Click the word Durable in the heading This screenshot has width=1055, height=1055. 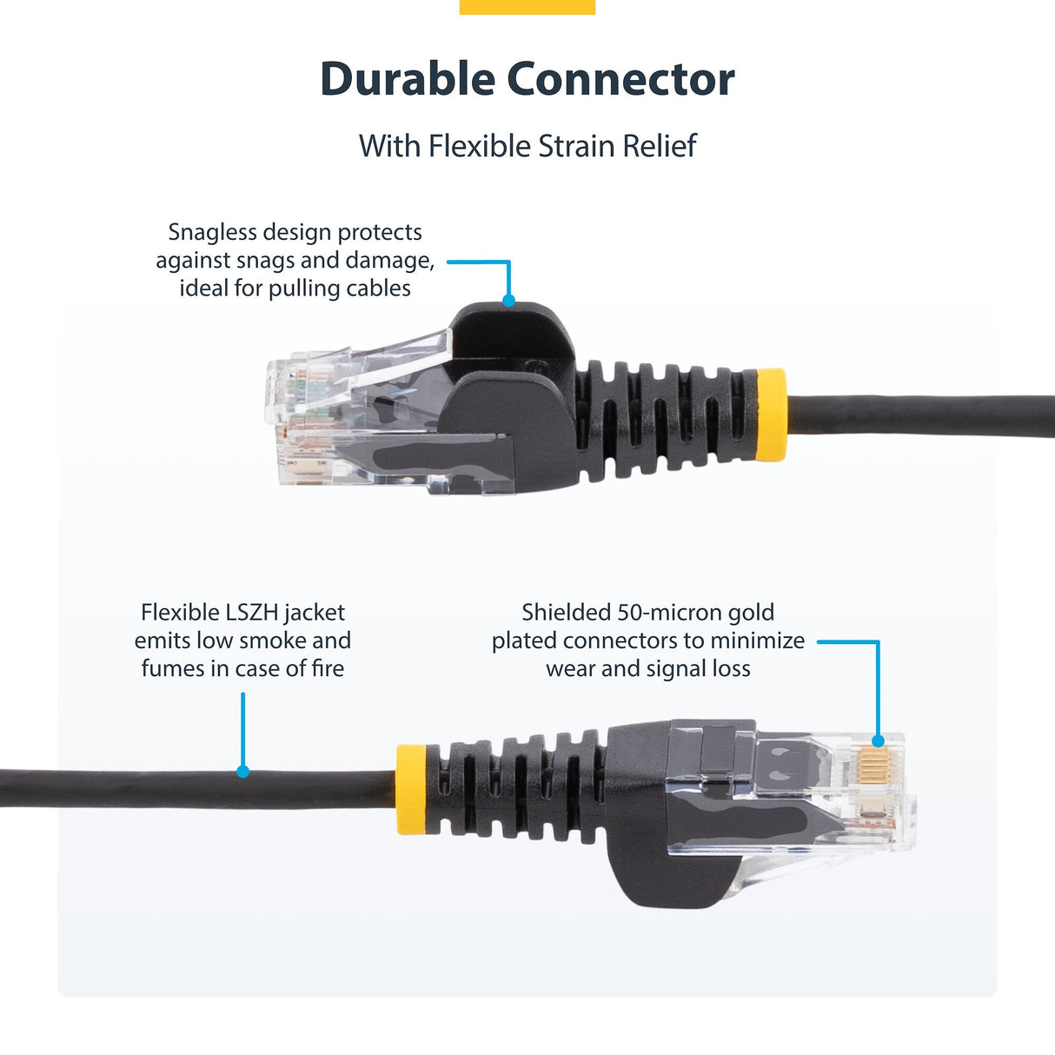[407, 79]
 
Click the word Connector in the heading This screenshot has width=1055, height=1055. [620, 79]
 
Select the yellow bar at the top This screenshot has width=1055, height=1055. [527, 7]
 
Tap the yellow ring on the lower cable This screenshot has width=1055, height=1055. [411, 789]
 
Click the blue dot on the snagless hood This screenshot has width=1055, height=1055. [509, 301]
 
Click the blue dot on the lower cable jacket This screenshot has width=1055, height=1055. [243, 771]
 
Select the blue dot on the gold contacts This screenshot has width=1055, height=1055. [878, 741]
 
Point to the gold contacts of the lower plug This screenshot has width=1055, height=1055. [873, 764]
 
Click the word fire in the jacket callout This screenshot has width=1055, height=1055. [328, 668]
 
